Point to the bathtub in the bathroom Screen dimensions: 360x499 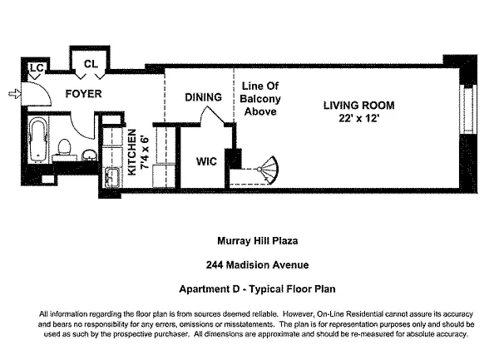pos(37,141)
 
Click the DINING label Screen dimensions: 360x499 pos(203,97)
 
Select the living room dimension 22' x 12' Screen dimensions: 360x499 pos(359,118)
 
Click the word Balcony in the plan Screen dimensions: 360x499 pos(261,98)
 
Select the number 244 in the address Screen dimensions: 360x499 pos(216,265)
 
